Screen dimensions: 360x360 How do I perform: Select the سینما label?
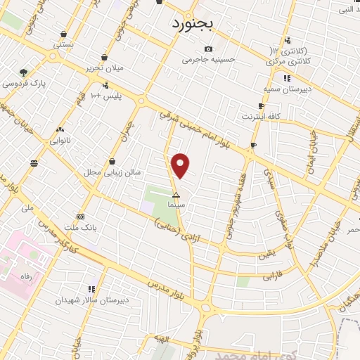click(176, 204)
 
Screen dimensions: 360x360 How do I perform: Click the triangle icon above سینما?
click(176, 194)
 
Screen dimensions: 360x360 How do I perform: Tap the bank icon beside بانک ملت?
click(81, 217)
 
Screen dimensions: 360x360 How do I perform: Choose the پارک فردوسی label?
click(23, 83)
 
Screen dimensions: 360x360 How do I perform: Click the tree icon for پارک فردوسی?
click(23, 72)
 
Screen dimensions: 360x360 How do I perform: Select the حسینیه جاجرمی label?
click(207, 60)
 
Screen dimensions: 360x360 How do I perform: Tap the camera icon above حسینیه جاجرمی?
click(207, 49)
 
